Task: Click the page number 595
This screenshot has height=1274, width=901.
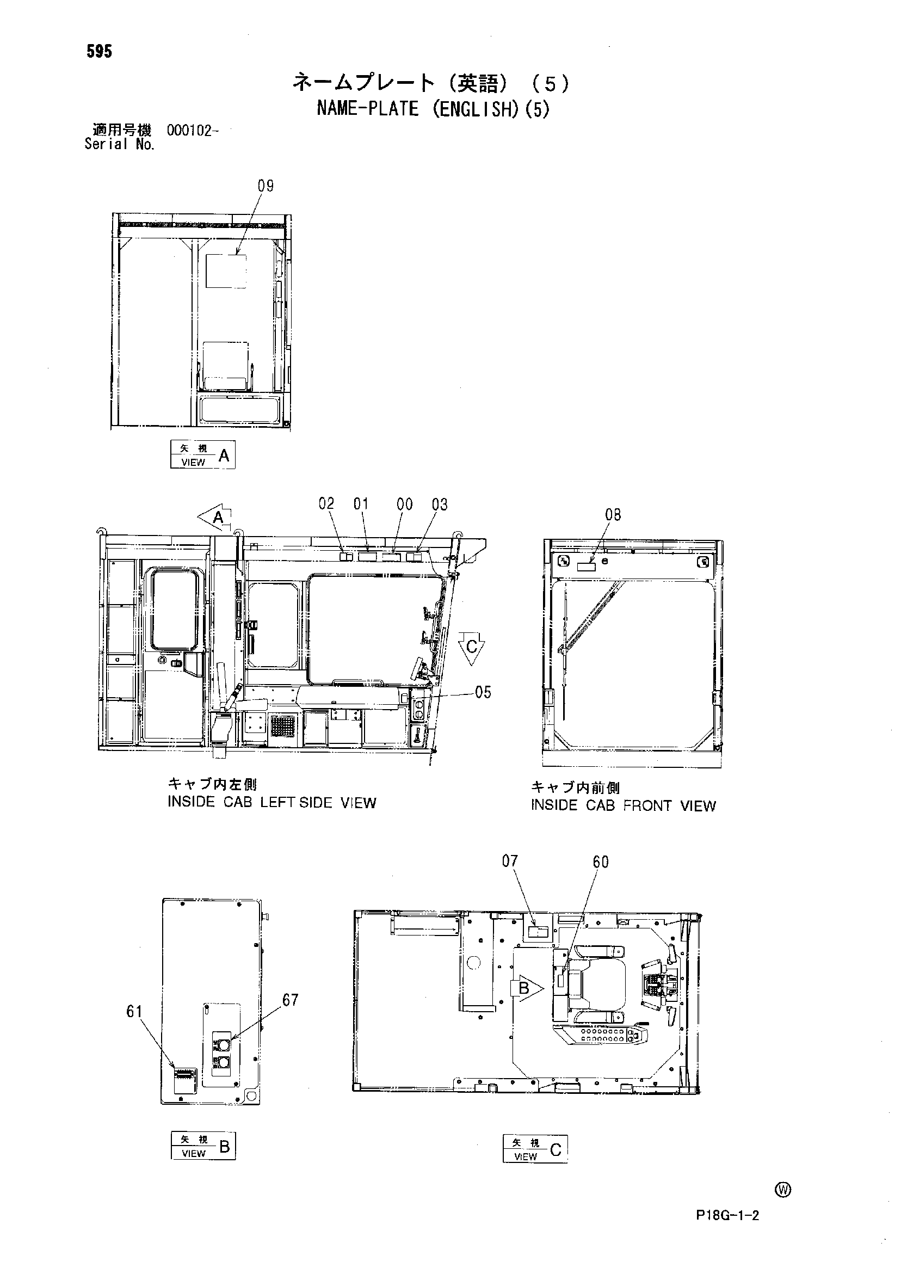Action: click(100, 52)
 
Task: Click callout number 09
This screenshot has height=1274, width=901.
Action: click(266, 186)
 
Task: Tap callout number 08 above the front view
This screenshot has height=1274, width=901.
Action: click(613, 515)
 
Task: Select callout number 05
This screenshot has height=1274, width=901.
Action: click(483, 692)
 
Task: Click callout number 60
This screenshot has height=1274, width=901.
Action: click(601, 861)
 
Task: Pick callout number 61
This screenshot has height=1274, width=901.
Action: click(135, 1012)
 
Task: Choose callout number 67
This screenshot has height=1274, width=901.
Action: click(290, 999)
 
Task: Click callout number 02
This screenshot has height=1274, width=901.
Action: click(326, 503)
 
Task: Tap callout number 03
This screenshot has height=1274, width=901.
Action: click(440, 504)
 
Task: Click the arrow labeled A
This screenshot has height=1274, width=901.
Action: click(215, 518)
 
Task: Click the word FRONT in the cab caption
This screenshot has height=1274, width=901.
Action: click(647, 805)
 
